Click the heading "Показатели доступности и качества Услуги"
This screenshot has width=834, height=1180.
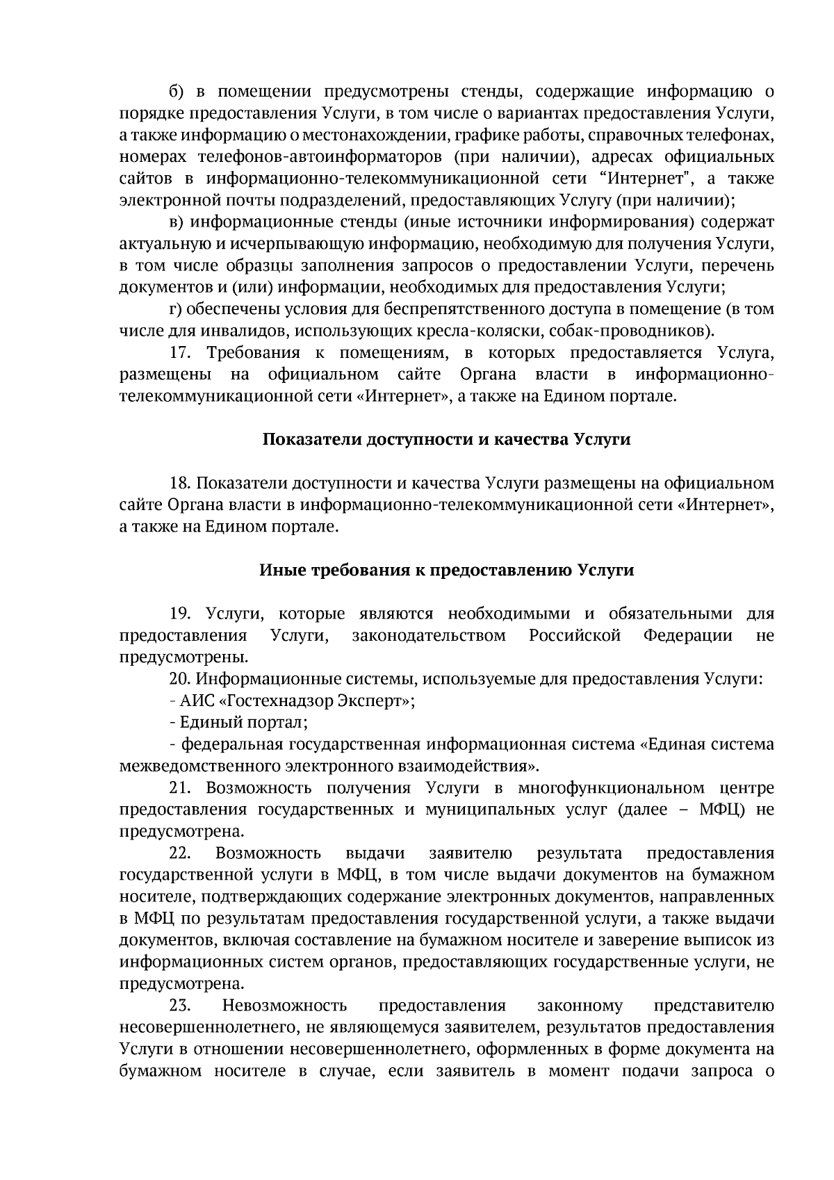(447, 439)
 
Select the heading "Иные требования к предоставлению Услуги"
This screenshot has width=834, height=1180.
(447, 570)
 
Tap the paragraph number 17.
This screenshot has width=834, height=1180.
(180, 353)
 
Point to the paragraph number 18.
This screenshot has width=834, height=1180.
(180, 483)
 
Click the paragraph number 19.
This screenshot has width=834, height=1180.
(180, 614)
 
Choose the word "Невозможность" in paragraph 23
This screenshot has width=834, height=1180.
(284, 1006)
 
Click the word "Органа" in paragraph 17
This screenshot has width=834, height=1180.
(488, 375)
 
